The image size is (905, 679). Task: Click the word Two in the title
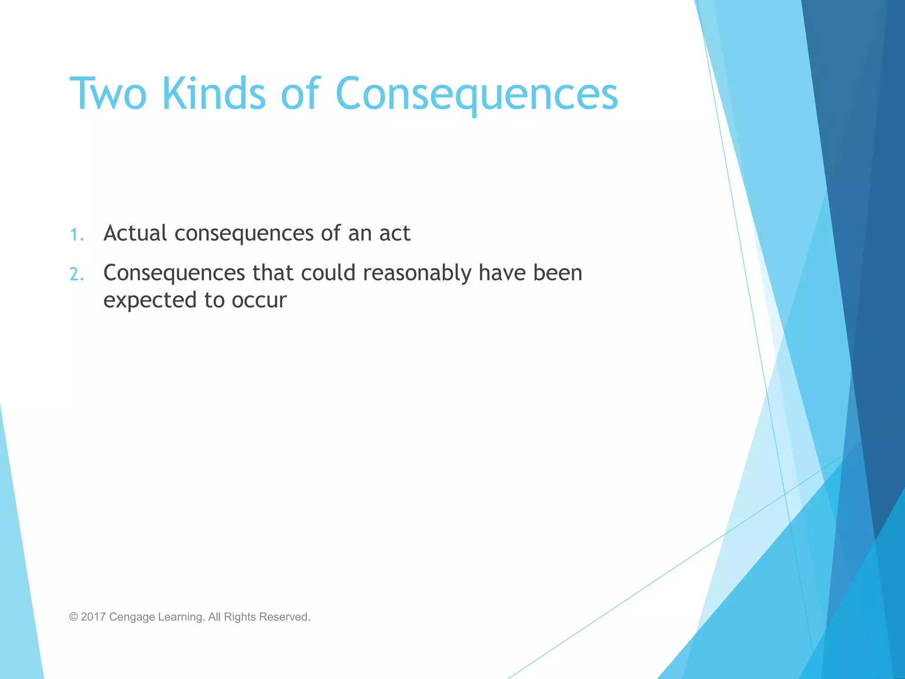tap(108, 94)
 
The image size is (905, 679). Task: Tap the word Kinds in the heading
tap(214, 94)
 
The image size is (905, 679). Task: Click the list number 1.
tap(76, 235)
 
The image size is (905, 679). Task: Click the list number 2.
tap(76, 275)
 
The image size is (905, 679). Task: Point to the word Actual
tap(135, 233)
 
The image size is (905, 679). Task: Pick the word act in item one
tap(395, 233)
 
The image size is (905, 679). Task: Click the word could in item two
tap(328, 273)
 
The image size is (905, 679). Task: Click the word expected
tap(150, 301)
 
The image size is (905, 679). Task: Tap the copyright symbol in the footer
tap(73, 617)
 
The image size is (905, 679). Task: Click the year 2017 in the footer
tap(93, 617)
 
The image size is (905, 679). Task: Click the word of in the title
tap(300, 94)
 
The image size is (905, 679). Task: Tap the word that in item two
tap(273, 273)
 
